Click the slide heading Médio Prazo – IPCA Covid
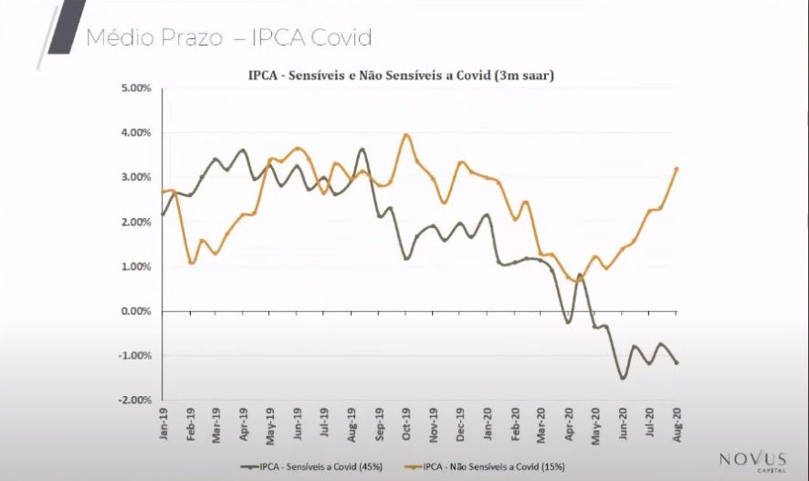(228, 38)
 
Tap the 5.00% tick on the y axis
(135, 89)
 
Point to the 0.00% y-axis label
(135, 311)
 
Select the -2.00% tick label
(134, 400)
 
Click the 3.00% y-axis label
(135, 178)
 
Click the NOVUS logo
(752, 460)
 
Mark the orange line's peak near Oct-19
(406, 135)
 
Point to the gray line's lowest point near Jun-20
(623, 378)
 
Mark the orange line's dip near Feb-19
(191, 263)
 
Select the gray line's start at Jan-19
(163, 214)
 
